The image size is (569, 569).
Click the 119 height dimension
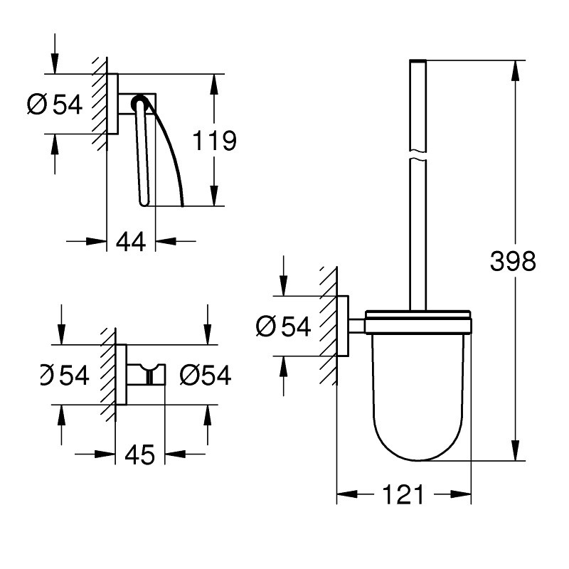(x=214, y=140)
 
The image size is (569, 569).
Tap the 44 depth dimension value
(x=131, y=241)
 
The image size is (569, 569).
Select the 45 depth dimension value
(x=139, y=454)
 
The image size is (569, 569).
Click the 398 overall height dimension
(x=513, y=261)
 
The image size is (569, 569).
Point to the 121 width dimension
(x=403, y=494)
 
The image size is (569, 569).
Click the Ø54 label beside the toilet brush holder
(x=283, y=326)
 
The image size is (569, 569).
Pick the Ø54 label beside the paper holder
(x=55, y=105)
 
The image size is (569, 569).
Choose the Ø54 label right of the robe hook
(x=206, y=375)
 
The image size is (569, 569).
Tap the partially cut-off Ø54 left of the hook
(x=65, y=375)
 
